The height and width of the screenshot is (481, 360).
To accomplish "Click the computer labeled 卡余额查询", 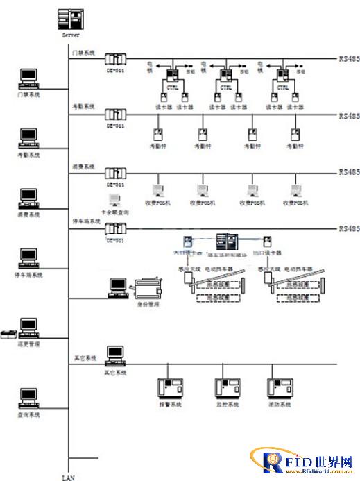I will pos(114,202).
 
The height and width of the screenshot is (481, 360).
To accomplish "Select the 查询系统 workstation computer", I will pos(28,398).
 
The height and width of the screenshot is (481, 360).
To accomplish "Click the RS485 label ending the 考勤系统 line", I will pos(348,116).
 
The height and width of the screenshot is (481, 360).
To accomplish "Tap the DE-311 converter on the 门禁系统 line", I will pos(115,59).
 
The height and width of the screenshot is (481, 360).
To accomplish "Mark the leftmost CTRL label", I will pos(173,88).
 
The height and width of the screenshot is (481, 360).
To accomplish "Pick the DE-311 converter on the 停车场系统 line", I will pos(115,229).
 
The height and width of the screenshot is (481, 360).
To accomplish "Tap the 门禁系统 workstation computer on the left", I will pos(28,77).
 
